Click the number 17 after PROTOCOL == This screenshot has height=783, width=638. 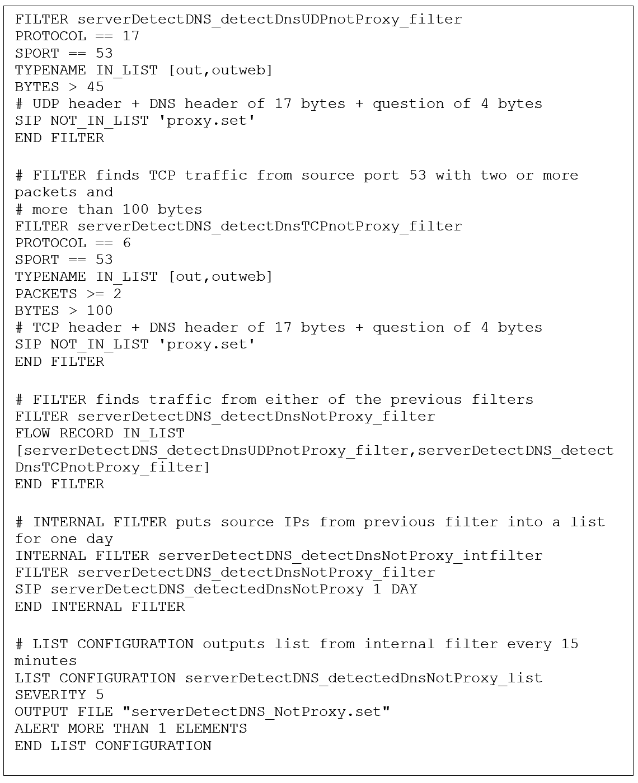(x=131, y=36)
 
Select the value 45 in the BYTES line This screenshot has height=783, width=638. (x=95, y=87)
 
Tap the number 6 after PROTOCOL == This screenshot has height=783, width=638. (x=126, y=243)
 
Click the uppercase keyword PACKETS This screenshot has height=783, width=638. (x=46, y=294)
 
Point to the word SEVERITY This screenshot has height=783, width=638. (x=50, y=695)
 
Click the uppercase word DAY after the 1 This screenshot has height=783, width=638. (x=404, y=589)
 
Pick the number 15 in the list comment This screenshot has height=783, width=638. (x=569, y=644)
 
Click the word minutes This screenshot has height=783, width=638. (x=46, y=661)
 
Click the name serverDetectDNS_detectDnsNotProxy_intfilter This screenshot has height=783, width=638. (x=350, y=555)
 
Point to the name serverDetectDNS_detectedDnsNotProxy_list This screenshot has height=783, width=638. (x=363, y=678)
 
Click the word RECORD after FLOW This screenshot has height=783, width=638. (x=86, y=433)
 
